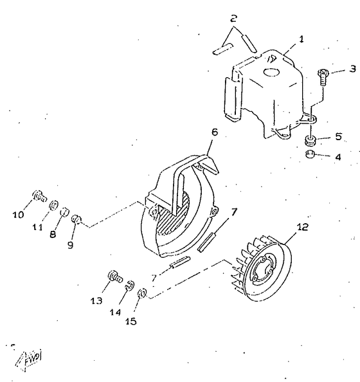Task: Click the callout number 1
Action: tap(301, 39)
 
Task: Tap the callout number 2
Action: tap(233, 18)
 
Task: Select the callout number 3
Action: tap(352, 69)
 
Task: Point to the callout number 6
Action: tap(214, 132)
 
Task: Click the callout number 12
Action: tap(302, 227)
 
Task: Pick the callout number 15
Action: tap(130, 322)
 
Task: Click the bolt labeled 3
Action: tap(323, 77)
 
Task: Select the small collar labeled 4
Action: tap(310, 154)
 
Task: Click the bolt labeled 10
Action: tap(39, 196)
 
